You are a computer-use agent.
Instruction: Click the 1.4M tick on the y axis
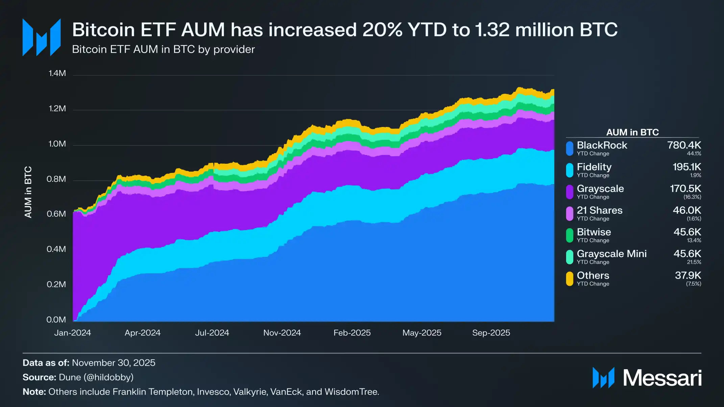click(x=57, y=73)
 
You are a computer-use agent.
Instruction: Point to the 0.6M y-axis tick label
click(x=56, y=214)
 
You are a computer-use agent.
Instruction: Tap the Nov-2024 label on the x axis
click(x=282, y=333)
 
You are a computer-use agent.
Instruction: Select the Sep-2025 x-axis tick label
click(x=491, y=333)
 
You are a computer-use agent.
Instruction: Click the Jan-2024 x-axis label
click(x=73, y=333)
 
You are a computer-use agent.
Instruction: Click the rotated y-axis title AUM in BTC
click(x=28, y=192)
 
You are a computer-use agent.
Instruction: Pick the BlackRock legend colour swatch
click(x=570, y=149)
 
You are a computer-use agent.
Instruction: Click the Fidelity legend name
click(x=594, y=167)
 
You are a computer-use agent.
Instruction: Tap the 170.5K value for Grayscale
click(x=685, y=188)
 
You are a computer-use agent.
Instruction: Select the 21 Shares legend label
click(x=599, y=210)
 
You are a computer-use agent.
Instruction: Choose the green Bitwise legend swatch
click(x=570, y=235)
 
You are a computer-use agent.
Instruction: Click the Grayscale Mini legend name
click(x=611, y=254)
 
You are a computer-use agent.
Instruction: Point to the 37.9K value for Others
click(x=688, y=275)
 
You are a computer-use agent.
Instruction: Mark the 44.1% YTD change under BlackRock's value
click(x=694, y=154)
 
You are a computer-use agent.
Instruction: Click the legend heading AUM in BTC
click(x=632, y=132)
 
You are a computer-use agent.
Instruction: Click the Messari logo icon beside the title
click(x=42, y=37)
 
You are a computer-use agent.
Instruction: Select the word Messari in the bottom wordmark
click(x=662, y=378)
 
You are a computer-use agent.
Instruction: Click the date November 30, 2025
click(x=114, y=363)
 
